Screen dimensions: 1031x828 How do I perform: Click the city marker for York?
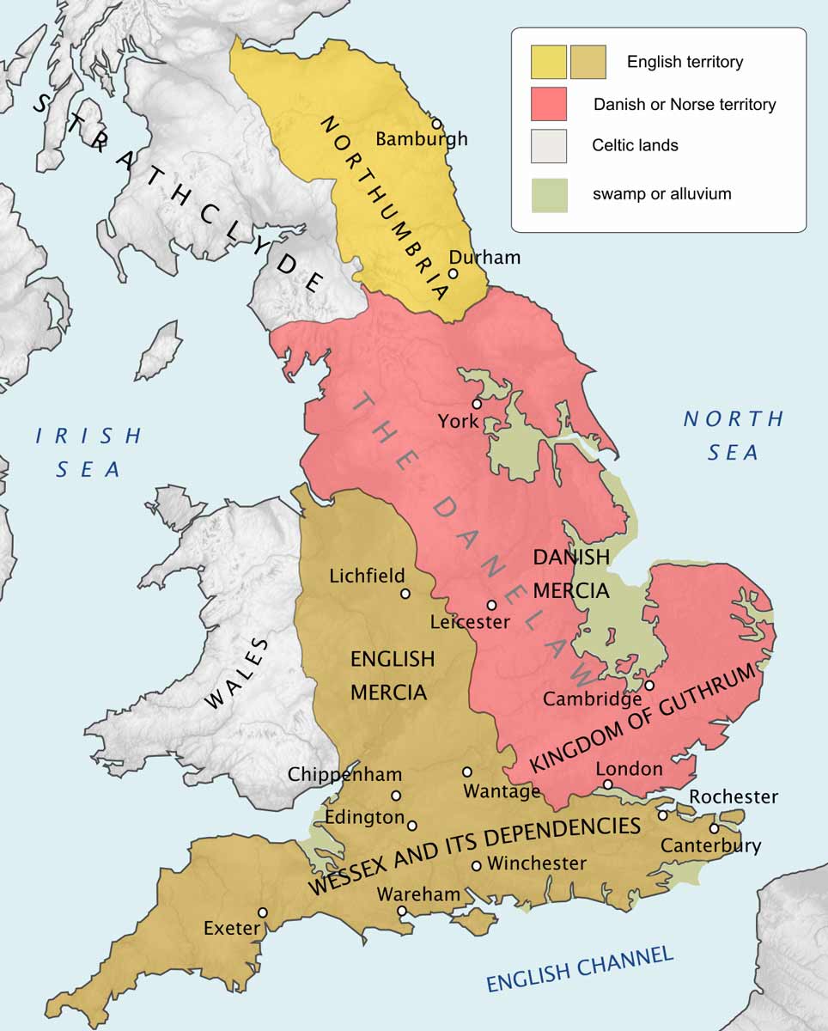click(476, 404)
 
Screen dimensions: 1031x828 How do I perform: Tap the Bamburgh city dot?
click(436, 124)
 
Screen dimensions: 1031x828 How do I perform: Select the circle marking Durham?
click(454, 274)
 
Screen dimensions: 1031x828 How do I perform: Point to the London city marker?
click(607, 784)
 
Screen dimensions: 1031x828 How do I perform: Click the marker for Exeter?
click(263, 912)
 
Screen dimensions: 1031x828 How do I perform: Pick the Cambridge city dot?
click(650, 685)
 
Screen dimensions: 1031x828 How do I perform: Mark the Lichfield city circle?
click(405, 593)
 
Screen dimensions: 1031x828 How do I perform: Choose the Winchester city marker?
click(477, 865)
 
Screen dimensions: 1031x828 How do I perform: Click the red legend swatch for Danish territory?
click(548, 104)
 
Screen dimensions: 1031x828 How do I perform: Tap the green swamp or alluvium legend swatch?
click(548, 194)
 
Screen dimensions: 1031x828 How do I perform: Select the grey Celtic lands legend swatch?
click(548, 145)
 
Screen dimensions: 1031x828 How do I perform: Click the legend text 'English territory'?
click(685, 62)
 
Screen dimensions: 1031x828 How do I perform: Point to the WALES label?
click(237, 674)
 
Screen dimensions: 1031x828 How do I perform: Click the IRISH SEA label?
click(88, 452)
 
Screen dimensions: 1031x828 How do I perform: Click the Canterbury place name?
click(710, 845)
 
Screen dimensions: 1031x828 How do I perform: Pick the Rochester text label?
click(733, 796)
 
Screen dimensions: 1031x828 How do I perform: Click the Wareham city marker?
click(402, 911)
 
